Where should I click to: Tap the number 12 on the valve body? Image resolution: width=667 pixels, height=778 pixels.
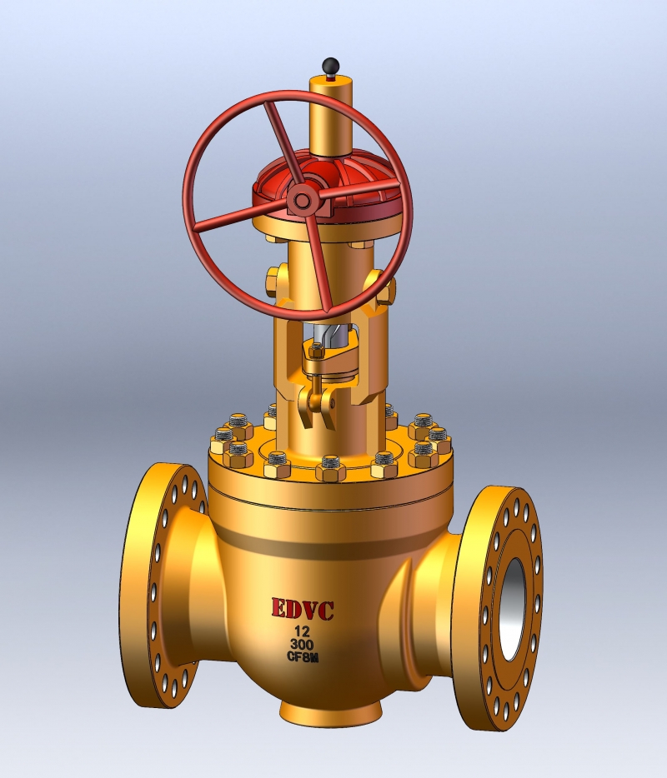tap(302, 632)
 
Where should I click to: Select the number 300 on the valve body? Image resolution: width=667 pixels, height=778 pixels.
tap(302, 646)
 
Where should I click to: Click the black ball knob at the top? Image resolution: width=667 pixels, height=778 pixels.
tap(332, 64)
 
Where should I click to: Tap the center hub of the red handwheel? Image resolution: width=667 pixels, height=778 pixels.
tap(300, 200)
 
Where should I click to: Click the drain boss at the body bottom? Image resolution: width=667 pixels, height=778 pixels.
tap(329, 710)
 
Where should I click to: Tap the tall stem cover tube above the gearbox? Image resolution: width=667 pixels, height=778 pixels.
tap(332, 117)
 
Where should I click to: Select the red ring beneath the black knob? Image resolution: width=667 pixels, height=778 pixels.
tap(332, 76)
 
